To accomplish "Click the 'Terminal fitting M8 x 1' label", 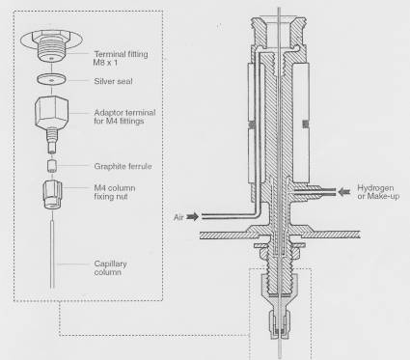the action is point(121,58).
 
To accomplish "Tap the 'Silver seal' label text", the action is point(113,81).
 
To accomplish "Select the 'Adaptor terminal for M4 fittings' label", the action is point(124,117).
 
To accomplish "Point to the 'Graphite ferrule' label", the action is point(123,166).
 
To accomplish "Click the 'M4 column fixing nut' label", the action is point(115,192).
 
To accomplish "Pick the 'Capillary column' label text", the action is point(110,268).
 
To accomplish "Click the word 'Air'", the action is point(178,217).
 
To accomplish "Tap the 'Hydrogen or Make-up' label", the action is point(378,192).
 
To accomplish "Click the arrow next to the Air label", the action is point(192,217).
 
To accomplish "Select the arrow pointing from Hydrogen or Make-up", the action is point(344,192).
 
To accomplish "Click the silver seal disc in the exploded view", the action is point(51,79).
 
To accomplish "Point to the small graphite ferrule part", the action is point(51,166).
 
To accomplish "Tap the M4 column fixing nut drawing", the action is point(52,195).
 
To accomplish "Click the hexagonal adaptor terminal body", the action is point(51,112).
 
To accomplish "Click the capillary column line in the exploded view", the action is point(52,254).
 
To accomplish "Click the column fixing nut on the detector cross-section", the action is point(279,325).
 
